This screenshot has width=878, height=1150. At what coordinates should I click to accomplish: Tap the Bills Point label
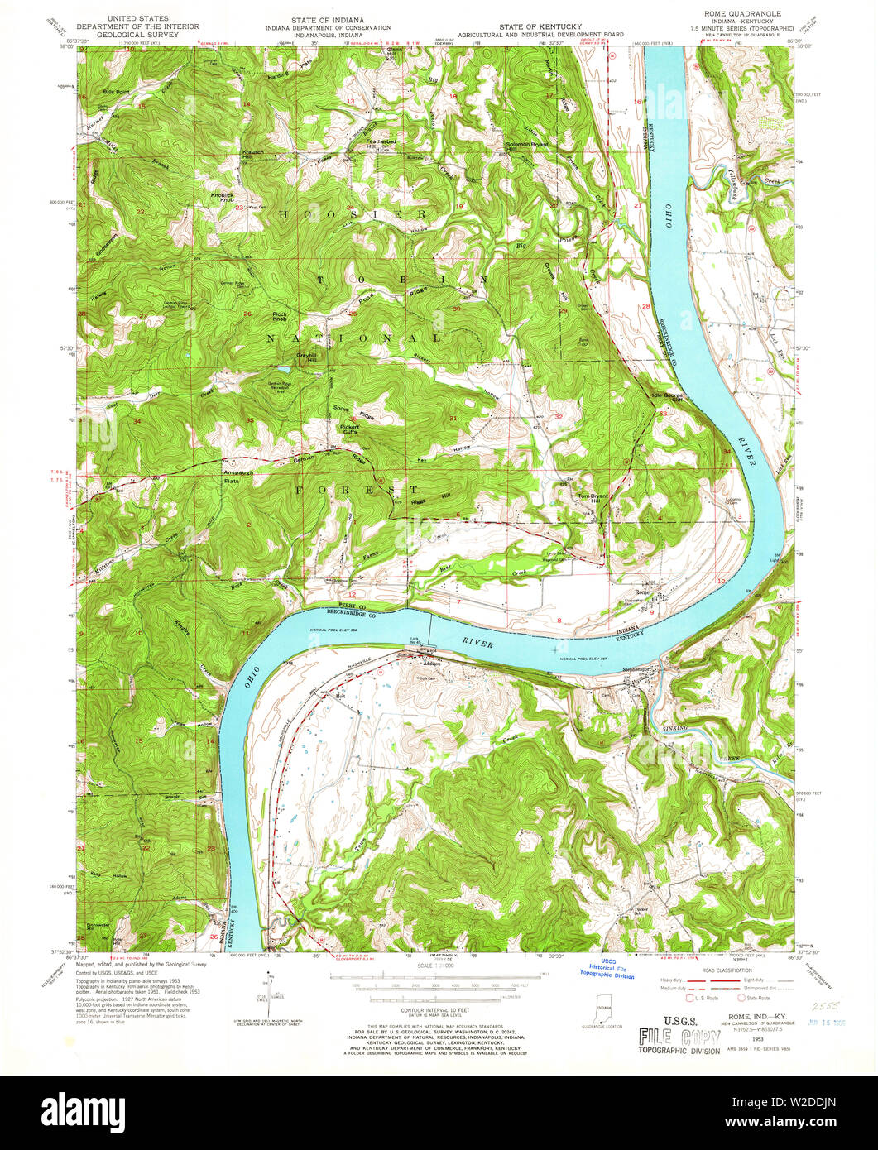[117, 91]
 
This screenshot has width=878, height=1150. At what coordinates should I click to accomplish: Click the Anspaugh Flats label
[237, 477]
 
